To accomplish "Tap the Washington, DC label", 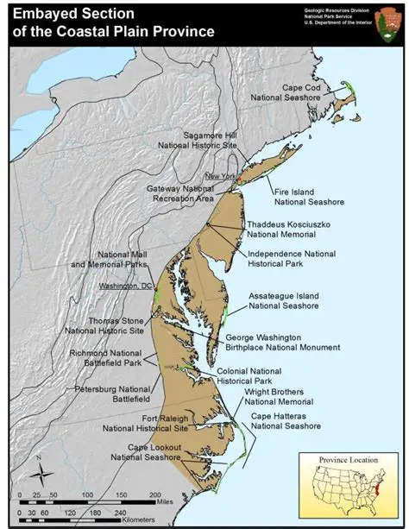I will [124, 287].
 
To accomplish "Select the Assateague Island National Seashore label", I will [284, 301].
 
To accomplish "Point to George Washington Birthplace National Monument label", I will [282, 342].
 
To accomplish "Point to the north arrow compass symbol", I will [38, 470].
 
